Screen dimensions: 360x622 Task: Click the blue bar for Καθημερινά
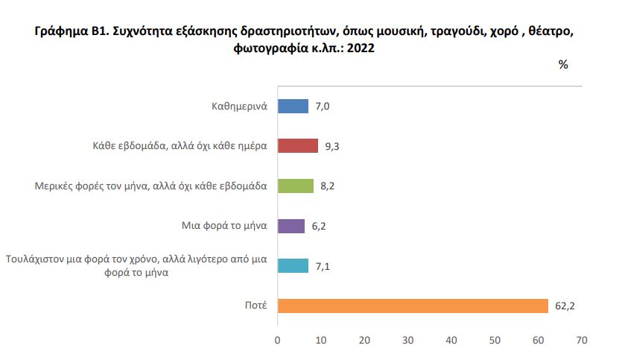coord(293,107)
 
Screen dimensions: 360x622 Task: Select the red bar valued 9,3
coord(298,146)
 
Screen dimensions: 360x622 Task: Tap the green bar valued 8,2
coord(296,186)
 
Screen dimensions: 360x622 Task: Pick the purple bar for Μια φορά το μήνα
coord(291,226)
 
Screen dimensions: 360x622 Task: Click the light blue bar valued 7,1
coord(293,265)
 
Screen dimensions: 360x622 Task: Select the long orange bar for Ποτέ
coord(413,306)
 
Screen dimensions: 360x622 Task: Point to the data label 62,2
coord(565,306)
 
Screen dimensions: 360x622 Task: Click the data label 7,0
coord(322,107)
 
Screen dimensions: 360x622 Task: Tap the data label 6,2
coord(318,226)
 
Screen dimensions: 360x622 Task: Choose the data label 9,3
coord(332,146)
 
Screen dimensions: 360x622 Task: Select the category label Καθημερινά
coord(239,107)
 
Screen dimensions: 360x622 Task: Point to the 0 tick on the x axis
coord(278,341)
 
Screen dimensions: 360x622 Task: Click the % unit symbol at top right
coord(563,65)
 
